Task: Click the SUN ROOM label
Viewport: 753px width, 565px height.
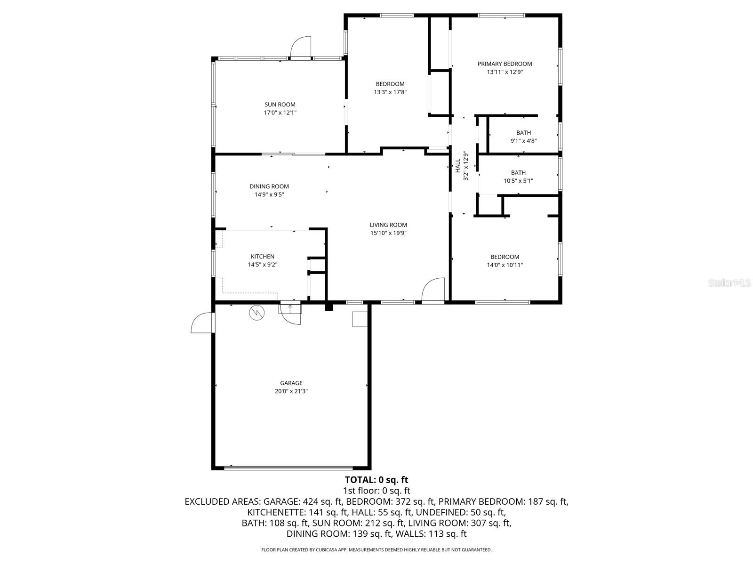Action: click(280, 105)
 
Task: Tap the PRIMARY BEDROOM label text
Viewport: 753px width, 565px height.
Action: click(505, 64)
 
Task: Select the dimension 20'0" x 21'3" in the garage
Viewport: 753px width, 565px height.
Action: click(291, 391)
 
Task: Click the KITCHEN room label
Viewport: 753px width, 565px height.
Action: click(262, 257)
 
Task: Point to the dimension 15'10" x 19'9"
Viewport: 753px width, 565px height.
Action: click(388, 233)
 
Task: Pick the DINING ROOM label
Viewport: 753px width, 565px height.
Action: click(269, 186)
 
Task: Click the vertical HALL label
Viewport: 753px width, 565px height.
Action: click(457, 165)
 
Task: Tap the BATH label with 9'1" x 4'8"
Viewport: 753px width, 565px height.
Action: click(523, 133)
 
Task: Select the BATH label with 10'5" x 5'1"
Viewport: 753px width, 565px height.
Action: click(518, 173)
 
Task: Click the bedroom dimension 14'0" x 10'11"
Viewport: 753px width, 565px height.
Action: click(505, 265)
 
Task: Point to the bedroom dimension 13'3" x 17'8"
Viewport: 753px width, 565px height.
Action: click(390, 92)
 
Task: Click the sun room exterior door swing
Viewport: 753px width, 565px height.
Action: click(301, 47)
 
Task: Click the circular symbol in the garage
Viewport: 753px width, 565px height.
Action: click(257, 313)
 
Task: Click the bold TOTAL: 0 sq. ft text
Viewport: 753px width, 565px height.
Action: click(376, 480)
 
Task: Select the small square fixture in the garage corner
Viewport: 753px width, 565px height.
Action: click(360, 319)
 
